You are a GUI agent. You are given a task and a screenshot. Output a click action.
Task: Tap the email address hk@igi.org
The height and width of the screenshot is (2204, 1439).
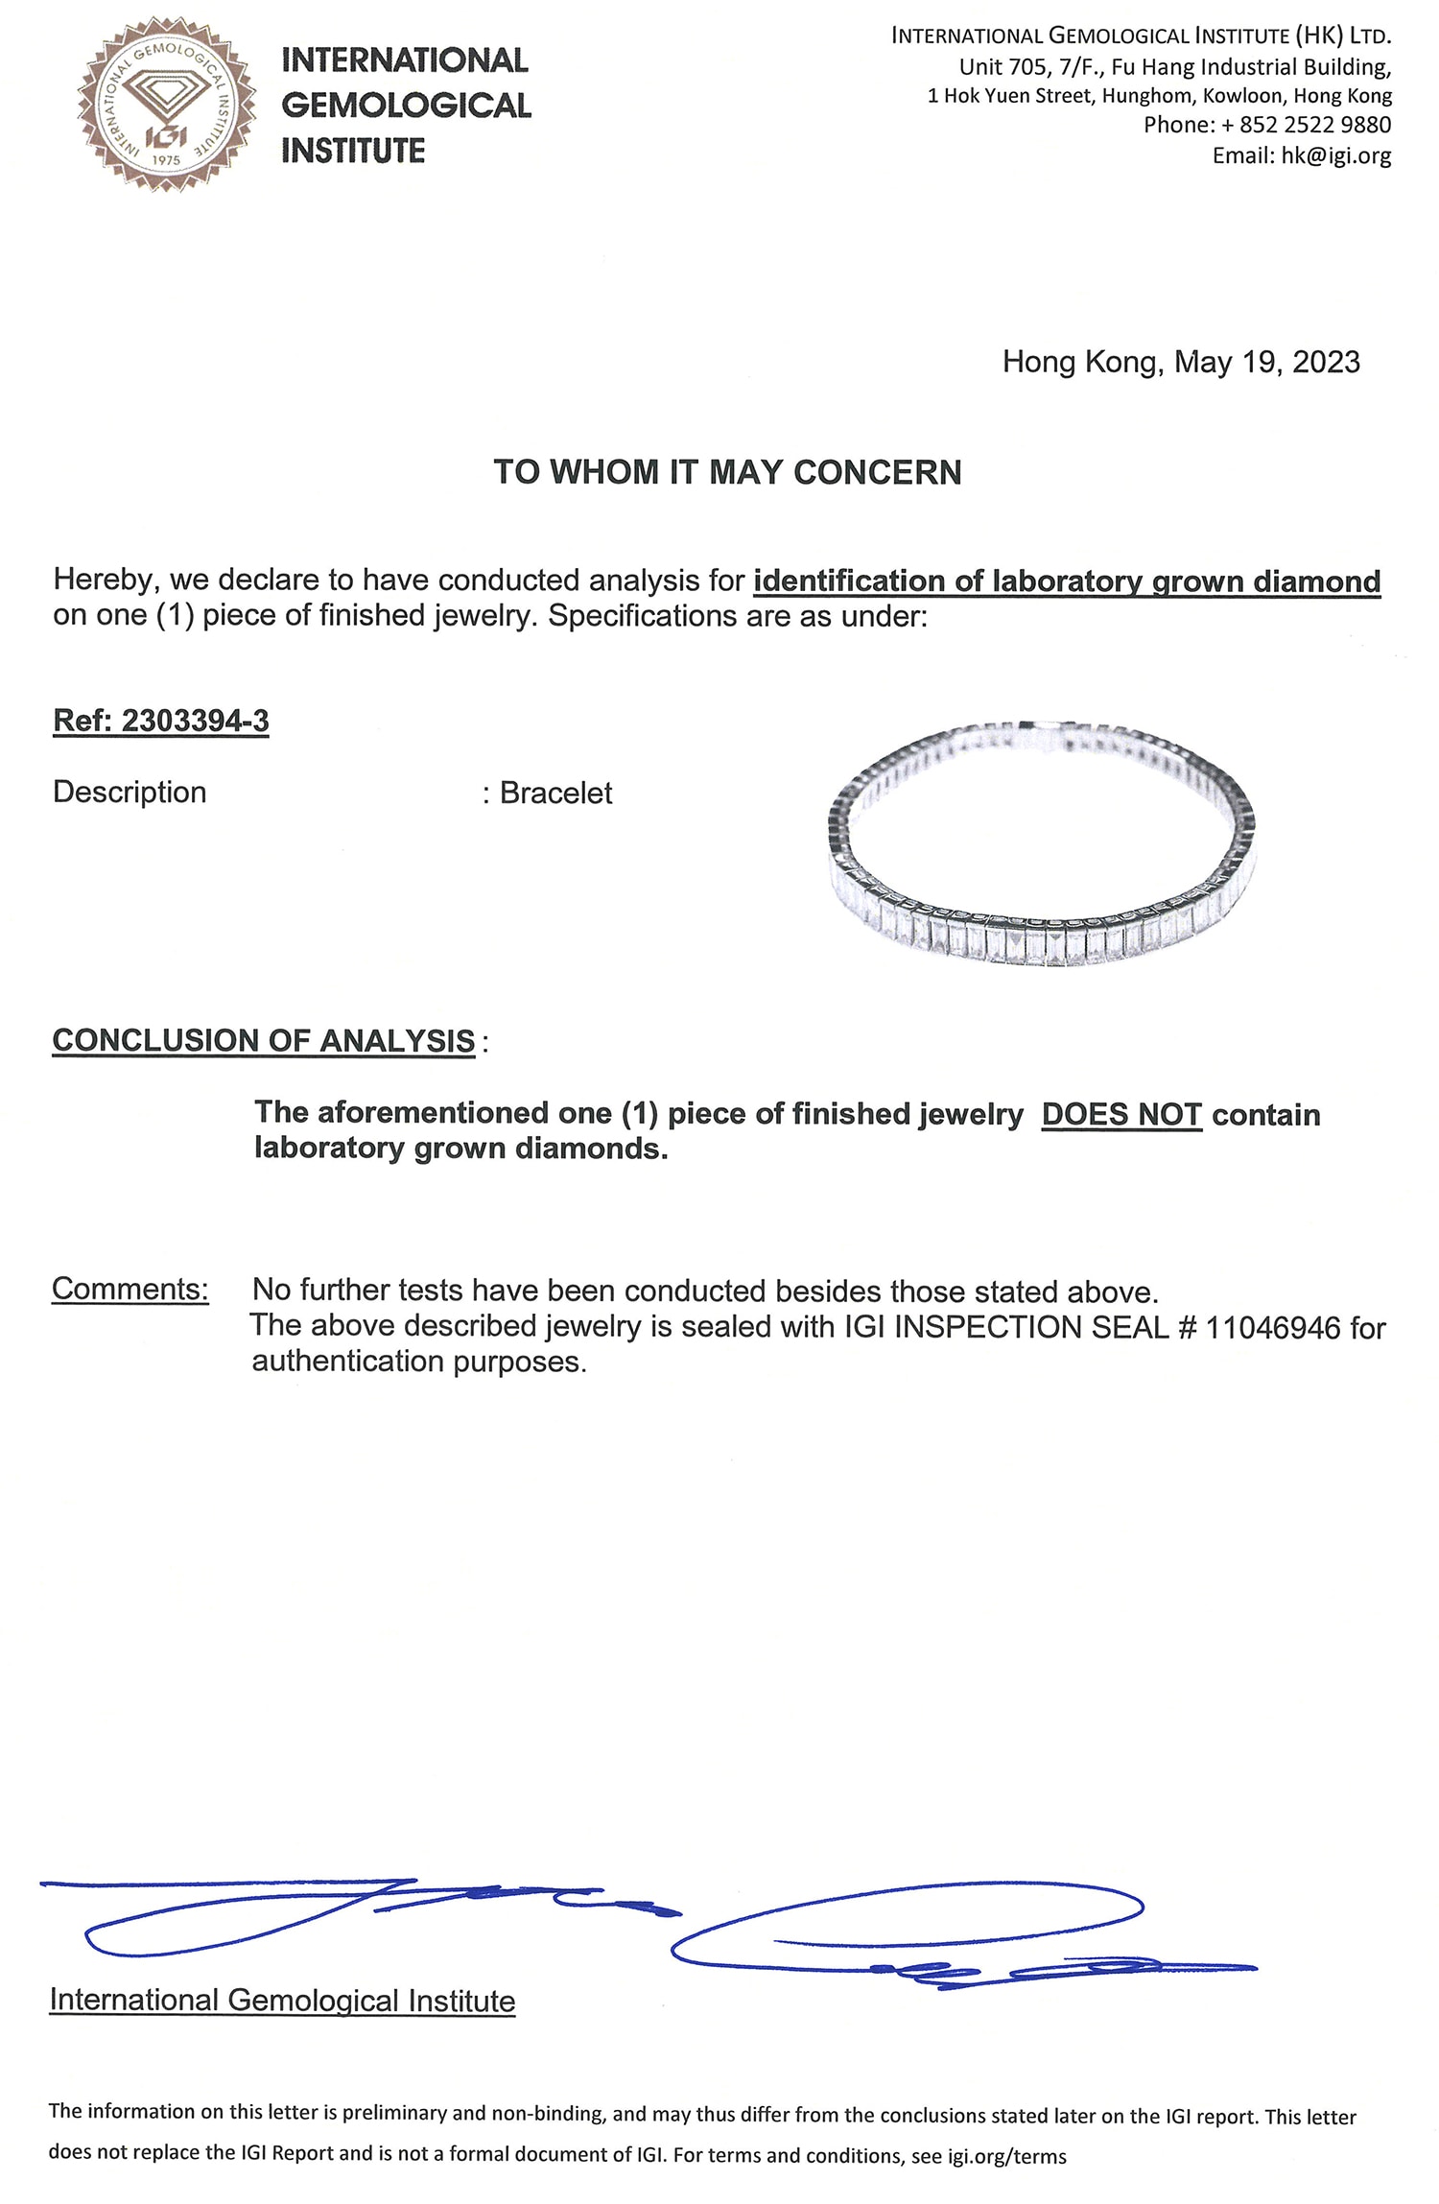[x=1335, y=155]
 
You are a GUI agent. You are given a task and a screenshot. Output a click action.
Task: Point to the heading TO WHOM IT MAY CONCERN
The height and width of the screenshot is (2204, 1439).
[x=727, y=472]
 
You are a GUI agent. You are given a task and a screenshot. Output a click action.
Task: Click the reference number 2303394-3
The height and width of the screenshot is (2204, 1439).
[x=195, y=721]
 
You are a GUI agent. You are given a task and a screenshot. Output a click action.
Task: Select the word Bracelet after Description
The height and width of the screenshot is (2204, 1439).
[x=555, y=793]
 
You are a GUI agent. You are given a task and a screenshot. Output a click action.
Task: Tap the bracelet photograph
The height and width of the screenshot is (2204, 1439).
[x=1041, y=844]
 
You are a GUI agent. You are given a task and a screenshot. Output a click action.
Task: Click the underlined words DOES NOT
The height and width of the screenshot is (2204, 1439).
[x=1121, y=1114]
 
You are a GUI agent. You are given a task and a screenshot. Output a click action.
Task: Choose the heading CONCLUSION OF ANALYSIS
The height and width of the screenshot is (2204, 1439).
[x=264, y=1040]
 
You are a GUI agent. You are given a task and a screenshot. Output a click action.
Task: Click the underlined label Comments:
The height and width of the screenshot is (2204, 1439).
[x=130, y=1289]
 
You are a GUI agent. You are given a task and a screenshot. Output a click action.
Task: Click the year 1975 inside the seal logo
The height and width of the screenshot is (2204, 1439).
[x=166, y=160]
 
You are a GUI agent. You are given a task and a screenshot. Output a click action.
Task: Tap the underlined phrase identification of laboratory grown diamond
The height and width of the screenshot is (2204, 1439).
[x=1067, y=581]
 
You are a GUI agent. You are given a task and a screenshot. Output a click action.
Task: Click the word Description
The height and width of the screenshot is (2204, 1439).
[x=130, y=792]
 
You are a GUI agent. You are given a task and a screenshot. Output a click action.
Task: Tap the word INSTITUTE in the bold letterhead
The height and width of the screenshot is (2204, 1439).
[x=353, y=151]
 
